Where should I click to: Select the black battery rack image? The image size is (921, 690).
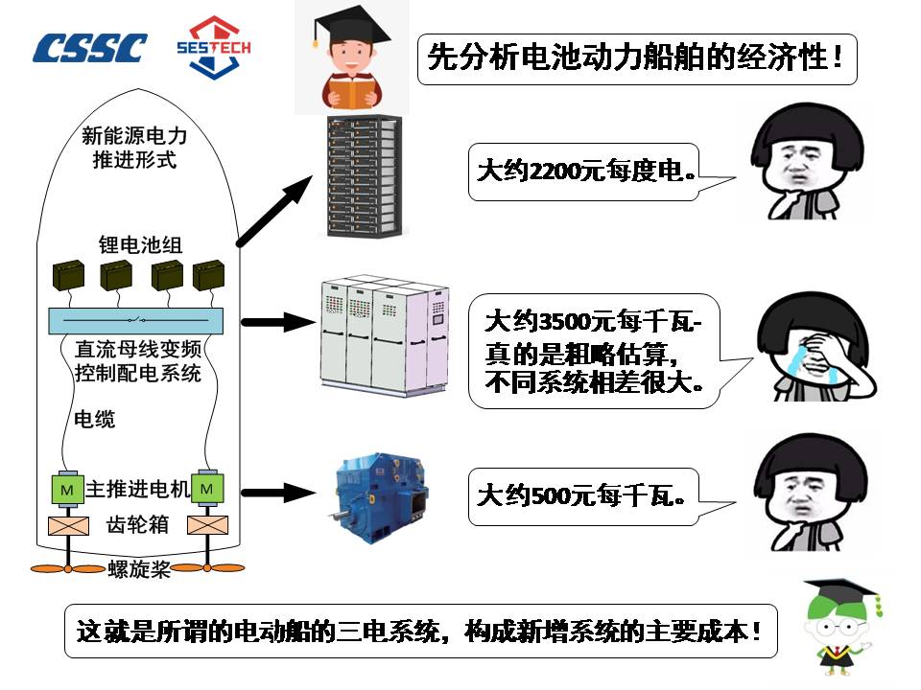(x=363, y=176)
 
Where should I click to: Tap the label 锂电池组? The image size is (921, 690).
(x=140, y=244)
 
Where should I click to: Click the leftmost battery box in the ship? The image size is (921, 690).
(x=70, y=276)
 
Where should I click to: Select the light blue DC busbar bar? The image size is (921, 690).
(x=133, y=319)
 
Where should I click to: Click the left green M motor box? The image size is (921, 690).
(x=67, y=489)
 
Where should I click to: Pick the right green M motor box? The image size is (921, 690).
(x=208, y=489)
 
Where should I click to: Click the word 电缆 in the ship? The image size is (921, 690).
(x=95, y=419)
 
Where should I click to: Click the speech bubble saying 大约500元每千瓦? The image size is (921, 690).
(x=581, y=496)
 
